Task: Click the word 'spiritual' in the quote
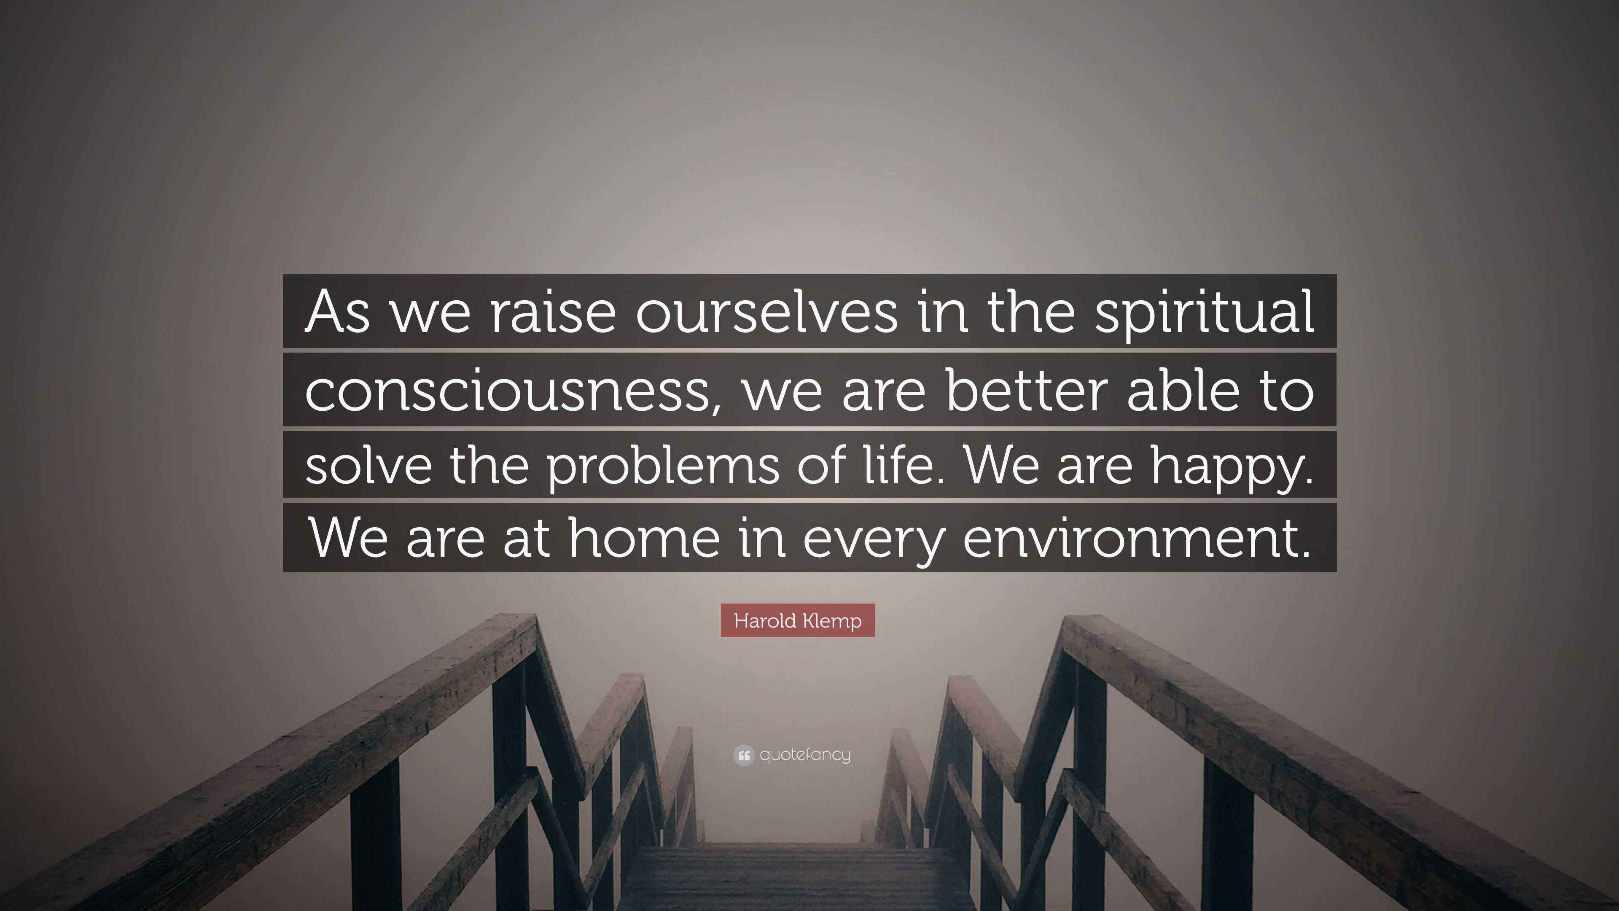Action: pyautogui.click(x=1205, y=313)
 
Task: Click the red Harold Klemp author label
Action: pyautogui.click(x=798, y=620)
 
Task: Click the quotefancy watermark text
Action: pyautogui.click(x=805, y=755)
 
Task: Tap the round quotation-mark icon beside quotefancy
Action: pyautogui.click(x=743, y=755)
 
